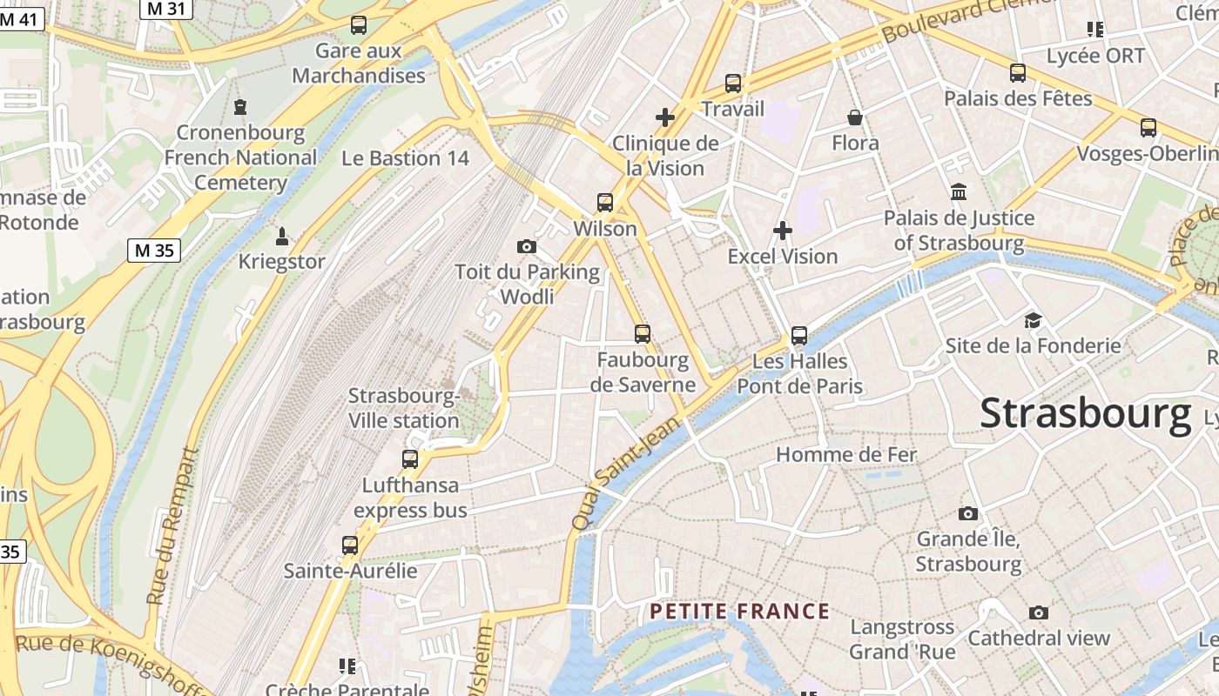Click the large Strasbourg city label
coord(1085,413)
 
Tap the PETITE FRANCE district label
coord(739,611)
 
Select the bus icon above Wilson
coord(605,203)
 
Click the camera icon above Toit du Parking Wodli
coord(527,246)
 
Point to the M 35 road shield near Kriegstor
coord(153,251)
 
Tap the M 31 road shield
coord(165,8)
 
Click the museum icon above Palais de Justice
coord(959,191)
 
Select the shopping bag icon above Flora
coord(855,117)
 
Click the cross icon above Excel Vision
coord(783,231)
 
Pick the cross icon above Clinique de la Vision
coord(665,117)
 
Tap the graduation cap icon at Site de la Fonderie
coord(1033,320)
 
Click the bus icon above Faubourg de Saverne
coord(643,333)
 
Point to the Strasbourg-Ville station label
coord(404,408)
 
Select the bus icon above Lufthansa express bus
coord(410,458)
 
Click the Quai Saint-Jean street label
coord(625,474)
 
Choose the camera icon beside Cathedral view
coord(1039,612)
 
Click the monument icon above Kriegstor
coord(281,236)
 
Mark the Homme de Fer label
coord(846,454)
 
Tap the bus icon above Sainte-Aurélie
coord(350,545)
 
